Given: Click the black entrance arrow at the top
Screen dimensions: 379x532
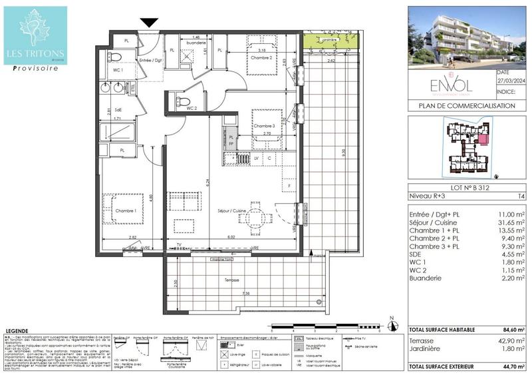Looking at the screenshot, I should click(x=149, y=23).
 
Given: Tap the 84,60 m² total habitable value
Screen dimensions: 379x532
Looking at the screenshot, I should click(x=510, y=330).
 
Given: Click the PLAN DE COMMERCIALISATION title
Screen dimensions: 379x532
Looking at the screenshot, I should click(x=467, y=105).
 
